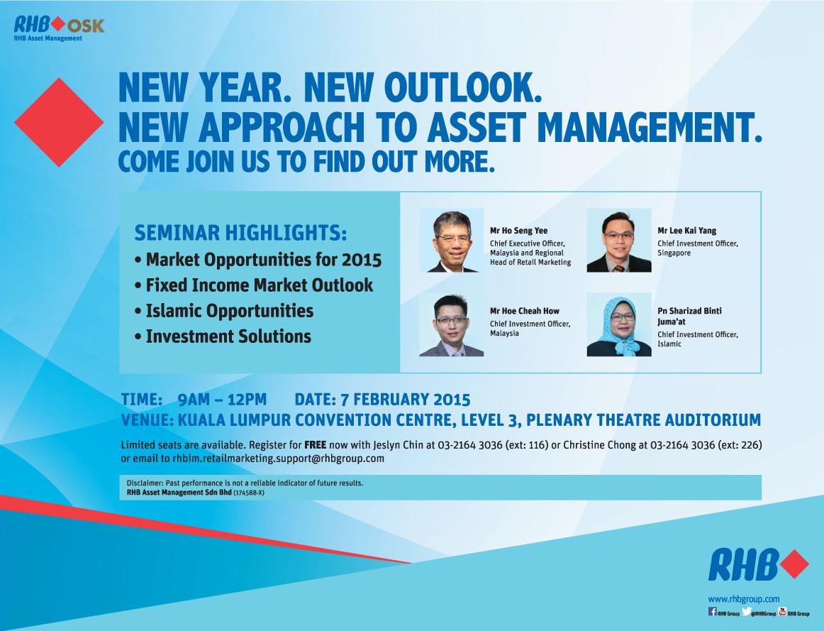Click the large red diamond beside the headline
(59, 122)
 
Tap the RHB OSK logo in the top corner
(59, 28)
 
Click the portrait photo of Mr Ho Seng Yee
(452, 241)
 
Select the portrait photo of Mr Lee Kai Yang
(619, 241)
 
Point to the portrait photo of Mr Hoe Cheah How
(452, 324)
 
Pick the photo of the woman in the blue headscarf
(619, 324)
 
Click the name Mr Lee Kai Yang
(687, 230)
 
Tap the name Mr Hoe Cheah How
(525, 311)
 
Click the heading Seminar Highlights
(240, 233)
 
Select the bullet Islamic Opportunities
(224, 311)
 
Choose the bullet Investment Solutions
(223, 336)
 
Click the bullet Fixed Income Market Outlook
(255, 285)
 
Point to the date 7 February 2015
(405, 400)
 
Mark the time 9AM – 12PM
(222, 400)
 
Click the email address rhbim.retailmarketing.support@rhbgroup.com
(279, 459)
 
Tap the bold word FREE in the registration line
(316, 445)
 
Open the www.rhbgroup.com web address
(744, 599)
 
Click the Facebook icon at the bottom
(713, 612)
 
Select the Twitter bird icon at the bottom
(747, 612)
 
